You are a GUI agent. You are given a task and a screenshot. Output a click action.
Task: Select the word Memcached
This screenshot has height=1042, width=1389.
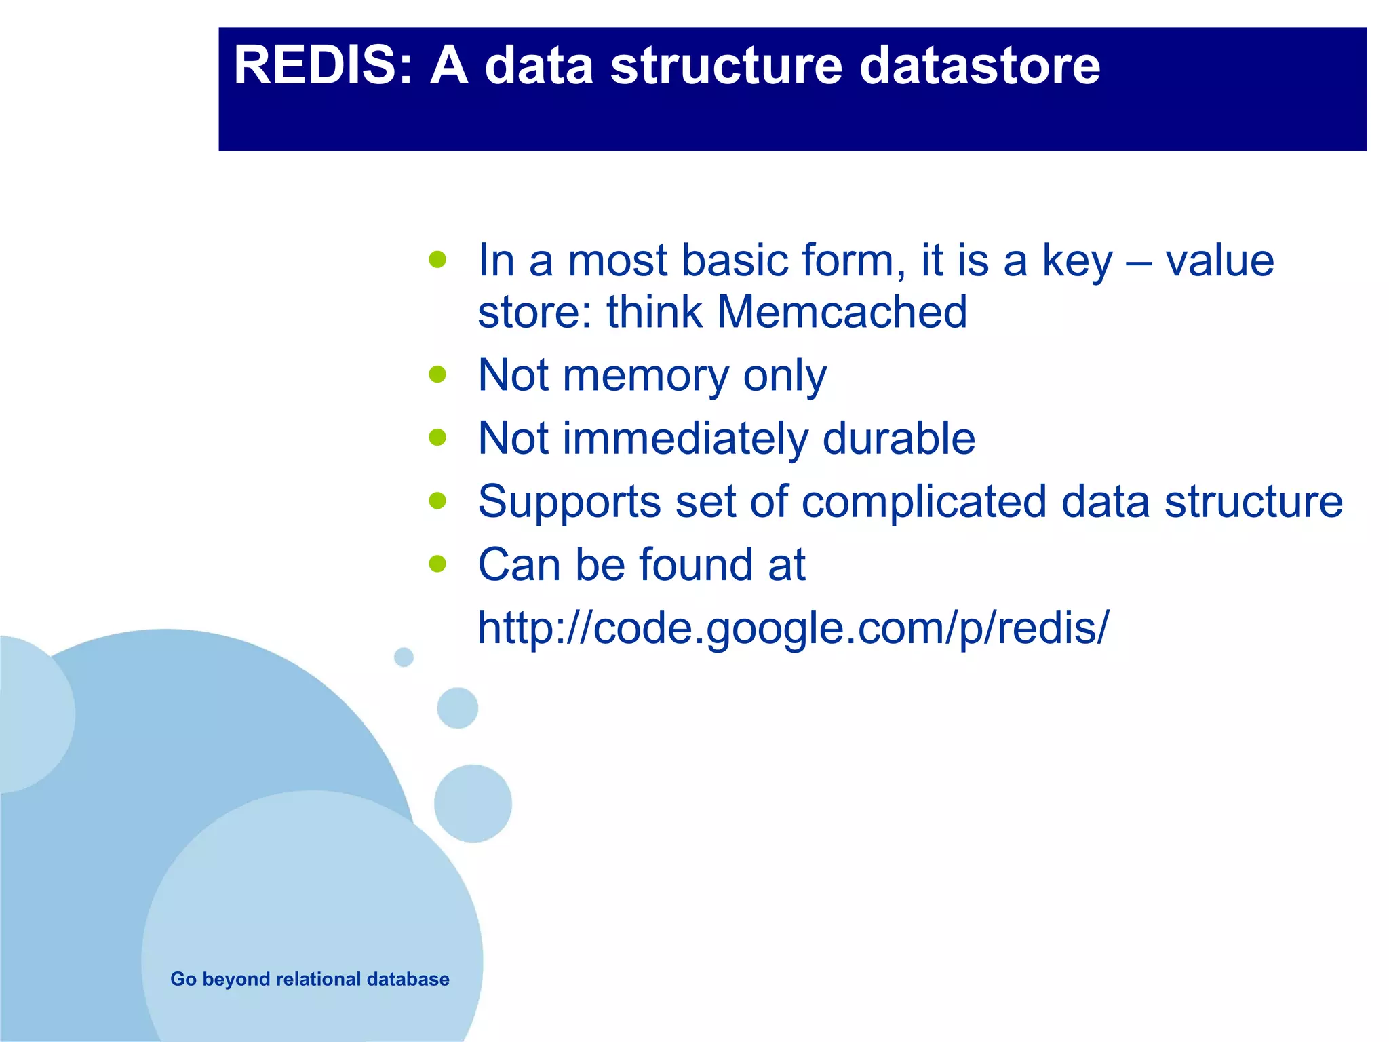[842, 312]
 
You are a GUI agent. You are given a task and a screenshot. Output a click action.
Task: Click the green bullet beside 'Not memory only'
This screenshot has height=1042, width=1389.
[438, 374]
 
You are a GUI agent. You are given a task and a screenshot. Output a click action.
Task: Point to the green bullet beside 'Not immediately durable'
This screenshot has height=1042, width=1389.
[438, 438]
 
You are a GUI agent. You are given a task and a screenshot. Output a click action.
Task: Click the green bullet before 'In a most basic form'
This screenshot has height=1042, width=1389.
[438, 260]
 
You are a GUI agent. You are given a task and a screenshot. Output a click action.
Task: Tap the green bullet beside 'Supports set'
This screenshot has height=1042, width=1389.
[438, 501]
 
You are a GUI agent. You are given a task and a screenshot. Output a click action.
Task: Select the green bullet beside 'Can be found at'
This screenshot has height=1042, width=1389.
[438, 564]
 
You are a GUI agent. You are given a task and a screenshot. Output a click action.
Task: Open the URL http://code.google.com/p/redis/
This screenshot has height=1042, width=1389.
[793, 628]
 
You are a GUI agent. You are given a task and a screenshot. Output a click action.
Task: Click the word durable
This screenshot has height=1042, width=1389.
[899, 438]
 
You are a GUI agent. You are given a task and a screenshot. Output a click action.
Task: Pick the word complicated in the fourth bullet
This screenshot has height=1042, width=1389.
[924, 502]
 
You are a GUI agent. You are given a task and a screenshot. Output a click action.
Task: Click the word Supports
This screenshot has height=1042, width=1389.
[569, 502]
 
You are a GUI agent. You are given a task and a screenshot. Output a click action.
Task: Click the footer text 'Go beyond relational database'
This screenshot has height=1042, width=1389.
[309, 979]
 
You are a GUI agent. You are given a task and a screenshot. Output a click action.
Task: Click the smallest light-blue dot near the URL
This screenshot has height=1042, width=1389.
[404, 657]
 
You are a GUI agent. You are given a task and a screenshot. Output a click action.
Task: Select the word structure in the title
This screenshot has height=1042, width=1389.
[726, 66]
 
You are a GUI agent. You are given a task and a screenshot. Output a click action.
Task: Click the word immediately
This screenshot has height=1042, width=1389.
[685, 438]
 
